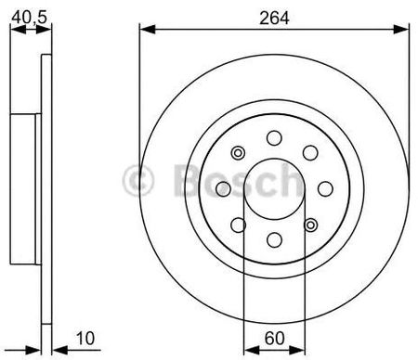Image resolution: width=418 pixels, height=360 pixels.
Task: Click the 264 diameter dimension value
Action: [274, 18]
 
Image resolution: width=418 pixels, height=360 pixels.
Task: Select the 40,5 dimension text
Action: [29, 17]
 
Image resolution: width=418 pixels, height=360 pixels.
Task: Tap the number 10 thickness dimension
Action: [85, 339]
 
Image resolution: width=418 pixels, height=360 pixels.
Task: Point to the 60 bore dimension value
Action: [274, 338]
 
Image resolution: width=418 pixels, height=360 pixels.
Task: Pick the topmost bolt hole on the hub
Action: [274, 138]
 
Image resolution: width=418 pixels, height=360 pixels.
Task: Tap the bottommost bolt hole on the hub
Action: [274, 240]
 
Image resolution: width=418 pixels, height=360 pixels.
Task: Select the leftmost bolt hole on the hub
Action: [223, 189]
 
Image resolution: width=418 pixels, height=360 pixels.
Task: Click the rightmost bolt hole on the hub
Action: [325, 189]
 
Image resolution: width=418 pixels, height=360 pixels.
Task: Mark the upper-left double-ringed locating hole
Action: [238, 153]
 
